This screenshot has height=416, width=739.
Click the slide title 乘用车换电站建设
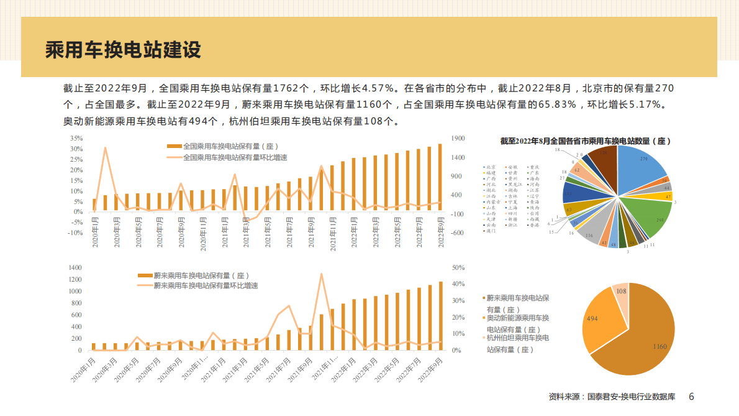(x=123, y=50)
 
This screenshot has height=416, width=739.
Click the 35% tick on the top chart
(x=76, y=138)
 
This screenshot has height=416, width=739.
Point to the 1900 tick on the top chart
(x=458, y=138)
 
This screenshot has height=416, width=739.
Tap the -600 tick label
(x=457, y=233)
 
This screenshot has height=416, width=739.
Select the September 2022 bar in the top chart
(x=440, y=177)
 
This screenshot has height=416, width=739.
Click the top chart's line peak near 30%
(x=105, y=148)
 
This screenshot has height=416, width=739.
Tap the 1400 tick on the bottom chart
(x=75, y=267)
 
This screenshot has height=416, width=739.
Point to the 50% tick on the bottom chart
(x=459, y=267)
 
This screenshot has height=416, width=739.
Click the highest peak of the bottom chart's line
(x=321, y=274)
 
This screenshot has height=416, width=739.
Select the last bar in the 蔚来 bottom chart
(x=441, y=316)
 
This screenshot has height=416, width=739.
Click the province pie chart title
(x=586, y=141)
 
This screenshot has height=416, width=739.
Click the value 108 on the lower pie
(x=620, y=290)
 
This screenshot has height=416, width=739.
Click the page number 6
(x=691, y=396)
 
